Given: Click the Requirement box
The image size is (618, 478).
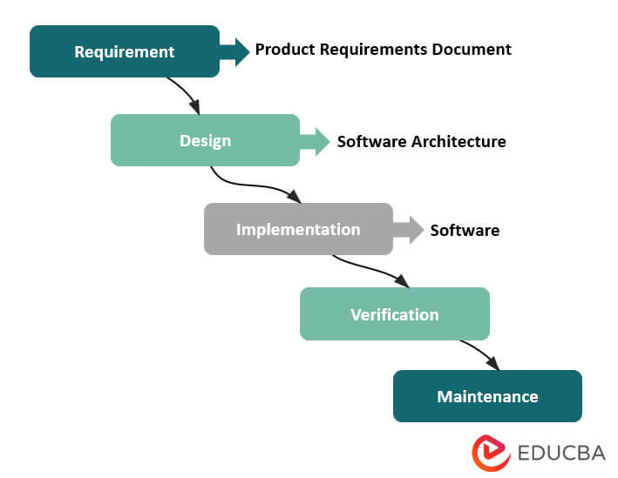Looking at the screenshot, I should pos(125,51).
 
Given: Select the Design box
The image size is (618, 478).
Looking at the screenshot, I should pos(205,140).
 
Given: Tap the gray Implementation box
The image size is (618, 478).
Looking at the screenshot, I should pos(298,229).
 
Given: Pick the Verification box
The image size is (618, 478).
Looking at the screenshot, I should pos(394,313).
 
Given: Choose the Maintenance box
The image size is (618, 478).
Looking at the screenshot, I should pos(487,396).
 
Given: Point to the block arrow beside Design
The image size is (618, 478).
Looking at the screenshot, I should pos(315,140).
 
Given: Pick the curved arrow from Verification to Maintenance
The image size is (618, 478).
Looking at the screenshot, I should pos(479,352).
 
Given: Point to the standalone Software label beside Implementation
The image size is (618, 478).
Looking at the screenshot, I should pos(465,230).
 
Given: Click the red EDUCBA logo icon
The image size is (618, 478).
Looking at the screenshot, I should pos(490,452).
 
